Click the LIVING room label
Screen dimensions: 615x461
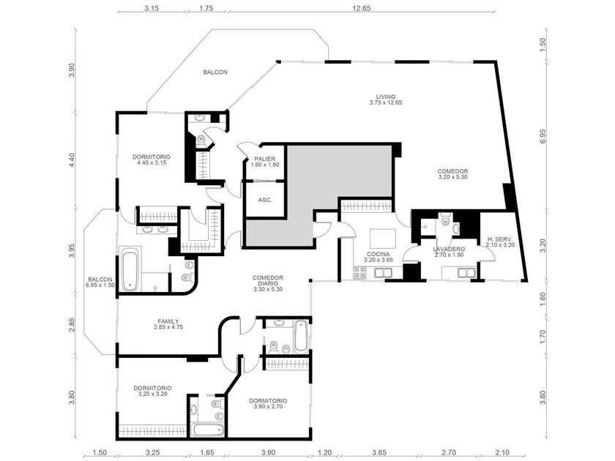coord(386,97)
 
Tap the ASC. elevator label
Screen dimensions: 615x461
coord(265,200)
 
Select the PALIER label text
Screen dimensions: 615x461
coord(265,159)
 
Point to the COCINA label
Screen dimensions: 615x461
coord(378,254)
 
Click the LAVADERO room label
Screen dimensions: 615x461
coord(449,249)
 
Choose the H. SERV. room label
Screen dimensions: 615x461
coord(500,239)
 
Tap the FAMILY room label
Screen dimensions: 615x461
coord(168,321)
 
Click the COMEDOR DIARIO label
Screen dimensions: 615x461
coord(268,280)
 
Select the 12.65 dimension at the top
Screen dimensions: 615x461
coord(361,8)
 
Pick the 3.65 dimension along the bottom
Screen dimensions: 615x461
coord(379,452)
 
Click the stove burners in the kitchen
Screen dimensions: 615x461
coord(359,273)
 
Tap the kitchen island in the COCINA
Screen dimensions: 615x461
coord(383,239)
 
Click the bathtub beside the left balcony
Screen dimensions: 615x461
coord(129,269)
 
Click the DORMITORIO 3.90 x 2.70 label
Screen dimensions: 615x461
coord(268,404)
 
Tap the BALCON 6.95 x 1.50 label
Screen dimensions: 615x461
coord(100,282)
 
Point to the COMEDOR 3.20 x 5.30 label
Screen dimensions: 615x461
coord(452,174)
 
